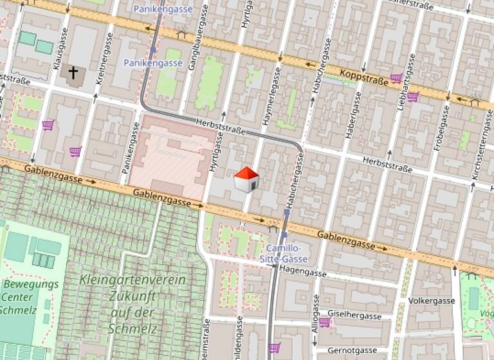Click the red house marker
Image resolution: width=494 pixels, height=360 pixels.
246,180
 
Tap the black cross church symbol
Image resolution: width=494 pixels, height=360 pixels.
73,73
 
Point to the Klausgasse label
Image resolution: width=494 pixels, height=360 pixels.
57,49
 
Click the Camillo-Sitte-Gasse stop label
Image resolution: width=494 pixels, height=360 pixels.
287,253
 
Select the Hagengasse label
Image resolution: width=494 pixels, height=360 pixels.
302,272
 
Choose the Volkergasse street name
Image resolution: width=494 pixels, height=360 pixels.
432,300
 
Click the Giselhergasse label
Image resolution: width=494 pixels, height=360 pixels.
354,316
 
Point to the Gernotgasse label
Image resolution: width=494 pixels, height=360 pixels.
352,350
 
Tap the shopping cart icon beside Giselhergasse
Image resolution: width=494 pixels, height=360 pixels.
324,321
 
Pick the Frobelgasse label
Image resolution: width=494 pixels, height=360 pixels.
441,128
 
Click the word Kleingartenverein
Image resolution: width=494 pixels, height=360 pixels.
133,280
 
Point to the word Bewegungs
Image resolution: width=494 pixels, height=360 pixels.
30,283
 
